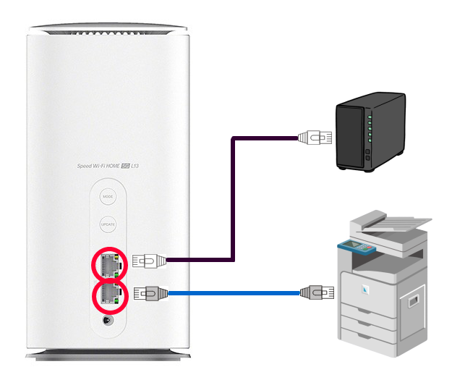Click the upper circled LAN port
[x=108, y=265]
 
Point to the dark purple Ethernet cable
[x=231, y=203]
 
